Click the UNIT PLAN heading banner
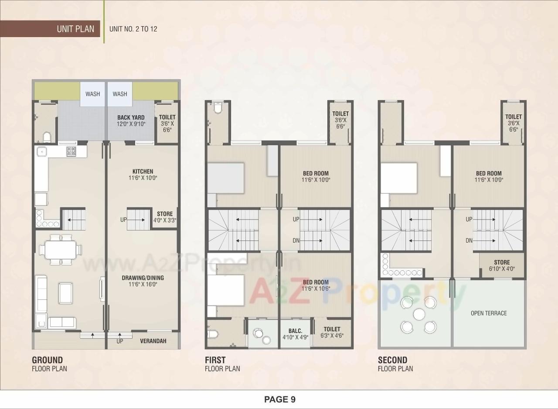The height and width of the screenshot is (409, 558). pyautogui.click(x=75, y=29)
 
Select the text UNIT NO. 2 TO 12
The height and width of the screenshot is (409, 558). pyautogui.click(x=133, y=29)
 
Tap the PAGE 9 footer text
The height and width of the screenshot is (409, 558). pyautogui.click(x=279, y=399)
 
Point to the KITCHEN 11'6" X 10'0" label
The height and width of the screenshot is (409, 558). pyautogui.click(x=143, y=175)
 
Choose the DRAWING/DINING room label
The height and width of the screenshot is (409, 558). pyautogui.click(x=143, y=281)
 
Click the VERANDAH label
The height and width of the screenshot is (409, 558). pyautogui.click(x=153, y=341)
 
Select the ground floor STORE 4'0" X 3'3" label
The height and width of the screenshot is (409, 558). pyautogui.click(x=165, y=217)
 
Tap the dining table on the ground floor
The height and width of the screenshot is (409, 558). pyautogui.click(x=60, y=250)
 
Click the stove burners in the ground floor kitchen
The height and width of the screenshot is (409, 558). pyautogui.click(x=71, y=151)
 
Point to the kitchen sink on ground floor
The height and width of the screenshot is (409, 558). pyautogui.click(x=41, y=151)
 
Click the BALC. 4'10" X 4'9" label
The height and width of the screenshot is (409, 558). pyautogui.click(x=295, y=334)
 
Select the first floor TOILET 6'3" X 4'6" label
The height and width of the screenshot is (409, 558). pyautogui.click(x=332, y=333)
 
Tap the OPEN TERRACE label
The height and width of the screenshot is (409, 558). pyautogui.click(x=489, y=313)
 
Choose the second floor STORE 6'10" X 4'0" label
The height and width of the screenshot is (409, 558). pyautogui.click(x=502, y=265)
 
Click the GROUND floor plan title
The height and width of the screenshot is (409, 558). pyautogui.click(x=48, y=360)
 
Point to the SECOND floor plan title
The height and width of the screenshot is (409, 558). pyautogui.click(x=392, y=360)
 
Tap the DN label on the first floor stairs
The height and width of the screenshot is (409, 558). pyautogui.click(x=296, y=241)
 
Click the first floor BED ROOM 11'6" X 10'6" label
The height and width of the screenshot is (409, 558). pyautogui.click(x=316, y=285)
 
